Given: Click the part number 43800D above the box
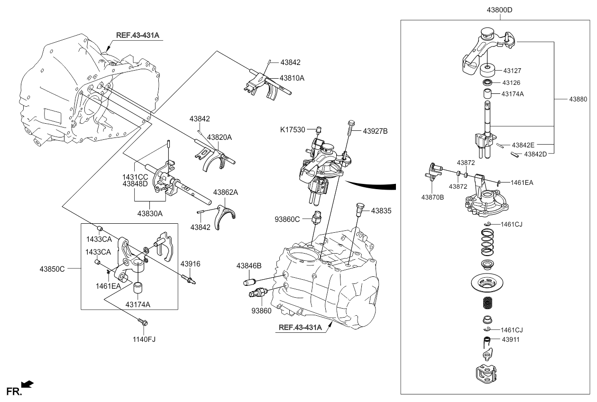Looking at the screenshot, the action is pos(499,10).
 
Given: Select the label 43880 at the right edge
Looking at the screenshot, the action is pos(578,99).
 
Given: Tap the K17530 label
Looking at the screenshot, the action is pos(293,130).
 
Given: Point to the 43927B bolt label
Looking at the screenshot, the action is pos(375,131).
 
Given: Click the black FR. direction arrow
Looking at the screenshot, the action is pos(28,384).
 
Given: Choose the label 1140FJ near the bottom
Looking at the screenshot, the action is pos(144,339).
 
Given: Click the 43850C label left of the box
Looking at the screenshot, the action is pos(52,269).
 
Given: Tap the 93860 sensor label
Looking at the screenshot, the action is pos(261,311).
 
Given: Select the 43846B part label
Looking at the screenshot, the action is pos(249,265).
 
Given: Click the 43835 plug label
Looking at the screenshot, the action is pos(381,211).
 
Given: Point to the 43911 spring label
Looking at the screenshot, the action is pos(511,340).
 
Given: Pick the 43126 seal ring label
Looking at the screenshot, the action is pos(511,83).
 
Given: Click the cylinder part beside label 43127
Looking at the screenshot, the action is pos(487,70).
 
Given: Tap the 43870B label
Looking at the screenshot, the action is pos(432,197).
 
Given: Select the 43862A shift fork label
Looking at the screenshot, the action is pos(225,192).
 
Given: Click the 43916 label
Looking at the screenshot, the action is pos(190,264).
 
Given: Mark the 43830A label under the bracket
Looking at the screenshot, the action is pos(150,214).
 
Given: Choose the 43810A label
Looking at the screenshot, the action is pos(292,78).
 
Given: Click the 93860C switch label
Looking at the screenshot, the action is pos(287,219).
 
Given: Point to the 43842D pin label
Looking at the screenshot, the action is pos(535,154).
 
